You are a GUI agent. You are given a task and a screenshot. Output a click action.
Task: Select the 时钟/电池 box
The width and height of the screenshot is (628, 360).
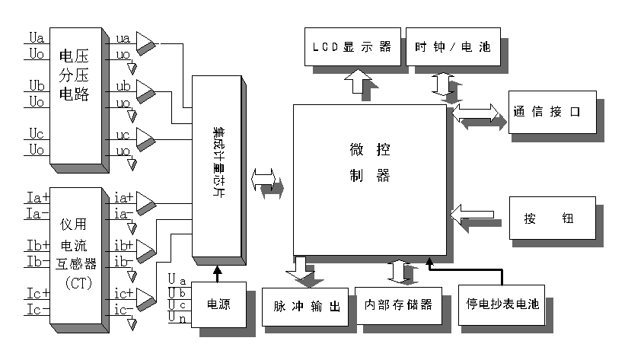(x=448, y=46)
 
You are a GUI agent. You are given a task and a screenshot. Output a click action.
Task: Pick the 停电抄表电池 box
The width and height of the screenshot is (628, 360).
(x=502, y=304)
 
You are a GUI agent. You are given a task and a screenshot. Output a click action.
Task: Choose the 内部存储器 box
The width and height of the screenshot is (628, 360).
(x=399, y=304)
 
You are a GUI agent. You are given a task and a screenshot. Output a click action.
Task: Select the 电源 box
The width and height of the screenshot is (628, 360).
(x=218, y=304)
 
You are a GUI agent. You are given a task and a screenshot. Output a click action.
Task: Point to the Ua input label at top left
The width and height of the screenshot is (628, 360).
(x=37, y=37)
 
